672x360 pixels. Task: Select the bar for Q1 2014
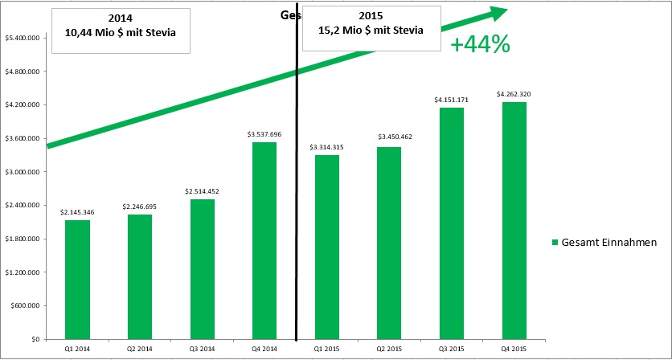[77, 279]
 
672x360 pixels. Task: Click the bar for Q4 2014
[264, 240]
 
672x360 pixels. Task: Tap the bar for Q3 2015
[452, 223]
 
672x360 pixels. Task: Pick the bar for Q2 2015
[389, 243]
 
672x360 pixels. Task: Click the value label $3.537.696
[264, 134]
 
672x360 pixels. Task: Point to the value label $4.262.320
[514, 94]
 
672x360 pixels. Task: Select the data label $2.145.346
[77, 212]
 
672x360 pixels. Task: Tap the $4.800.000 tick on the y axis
[23, 72]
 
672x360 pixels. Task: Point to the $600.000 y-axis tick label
[27, 305]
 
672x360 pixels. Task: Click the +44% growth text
[480, 45]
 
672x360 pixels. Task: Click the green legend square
[555, 243]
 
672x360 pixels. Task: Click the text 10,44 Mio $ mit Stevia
[121, 32]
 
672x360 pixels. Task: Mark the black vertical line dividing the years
[297, 201]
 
